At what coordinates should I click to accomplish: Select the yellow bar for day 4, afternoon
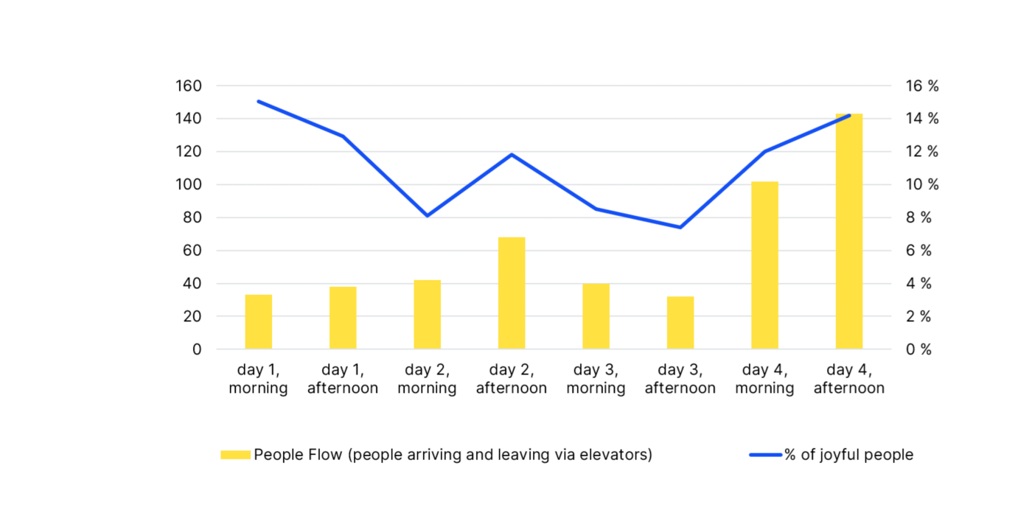point(848,231)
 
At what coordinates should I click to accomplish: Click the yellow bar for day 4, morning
point(764,265)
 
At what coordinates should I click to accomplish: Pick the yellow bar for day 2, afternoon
point(512,293)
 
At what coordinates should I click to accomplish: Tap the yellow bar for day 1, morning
point(259,322)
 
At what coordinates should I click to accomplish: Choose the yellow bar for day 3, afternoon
point(680,323)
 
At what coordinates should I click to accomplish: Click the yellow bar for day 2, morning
point(428,315)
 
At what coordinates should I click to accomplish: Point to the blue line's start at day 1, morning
point(259,102)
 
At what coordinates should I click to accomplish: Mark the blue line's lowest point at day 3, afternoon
point(680,227)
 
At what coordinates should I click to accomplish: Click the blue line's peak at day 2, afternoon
point(512,155)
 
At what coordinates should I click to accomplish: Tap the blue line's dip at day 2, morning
point(428,215)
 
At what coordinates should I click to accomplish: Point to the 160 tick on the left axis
point(188,86)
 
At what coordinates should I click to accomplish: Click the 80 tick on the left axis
point(192,218)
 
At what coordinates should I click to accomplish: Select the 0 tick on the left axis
point(197,349)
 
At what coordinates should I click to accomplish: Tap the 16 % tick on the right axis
point(922,86)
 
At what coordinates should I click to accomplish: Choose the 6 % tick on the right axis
point(918,251)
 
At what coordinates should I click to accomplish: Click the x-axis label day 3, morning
point(596,379)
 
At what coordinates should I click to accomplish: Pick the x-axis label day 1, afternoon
point(343,379)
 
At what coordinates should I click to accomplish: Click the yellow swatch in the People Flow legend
point(235,455)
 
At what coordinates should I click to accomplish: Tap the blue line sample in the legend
point(765,455)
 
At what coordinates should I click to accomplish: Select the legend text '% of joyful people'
point(848,455)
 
